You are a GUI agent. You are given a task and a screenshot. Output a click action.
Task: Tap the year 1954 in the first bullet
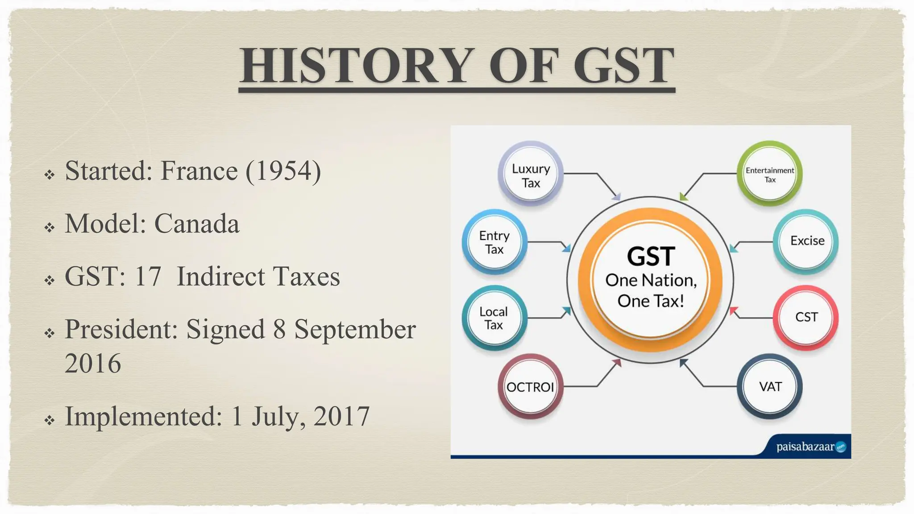tap(283, 170)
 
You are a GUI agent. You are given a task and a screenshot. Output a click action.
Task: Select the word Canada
tap(197, 224)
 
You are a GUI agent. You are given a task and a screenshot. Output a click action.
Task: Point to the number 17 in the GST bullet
tap(147, 276)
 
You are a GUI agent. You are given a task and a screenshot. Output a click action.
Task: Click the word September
tap(355, 329)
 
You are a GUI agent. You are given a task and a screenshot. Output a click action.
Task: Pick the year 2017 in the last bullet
tap(341, 416)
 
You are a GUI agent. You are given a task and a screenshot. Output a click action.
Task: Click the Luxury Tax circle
tap(531, 175)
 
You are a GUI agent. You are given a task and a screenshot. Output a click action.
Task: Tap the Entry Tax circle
tap(494, 242)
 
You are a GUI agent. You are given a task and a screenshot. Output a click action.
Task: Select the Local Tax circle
tap(494, 318)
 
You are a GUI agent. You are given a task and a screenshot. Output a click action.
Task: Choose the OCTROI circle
tap(530, 387)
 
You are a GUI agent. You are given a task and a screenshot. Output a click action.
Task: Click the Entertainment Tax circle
tap(769, 174)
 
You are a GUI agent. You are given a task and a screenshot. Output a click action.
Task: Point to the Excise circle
tap(807, 241)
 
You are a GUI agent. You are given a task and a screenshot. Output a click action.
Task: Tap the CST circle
tap(806, 317)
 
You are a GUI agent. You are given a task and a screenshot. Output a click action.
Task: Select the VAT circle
tap(770, 386)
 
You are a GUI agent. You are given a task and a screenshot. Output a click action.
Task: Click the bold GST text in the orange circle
tap(651, 256)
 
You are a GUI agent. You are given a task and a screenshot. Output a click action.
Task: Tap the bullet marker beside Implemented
tap(50, 420)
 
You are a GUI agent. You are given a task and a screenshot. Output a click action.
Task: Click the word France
tap(199, 170)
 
